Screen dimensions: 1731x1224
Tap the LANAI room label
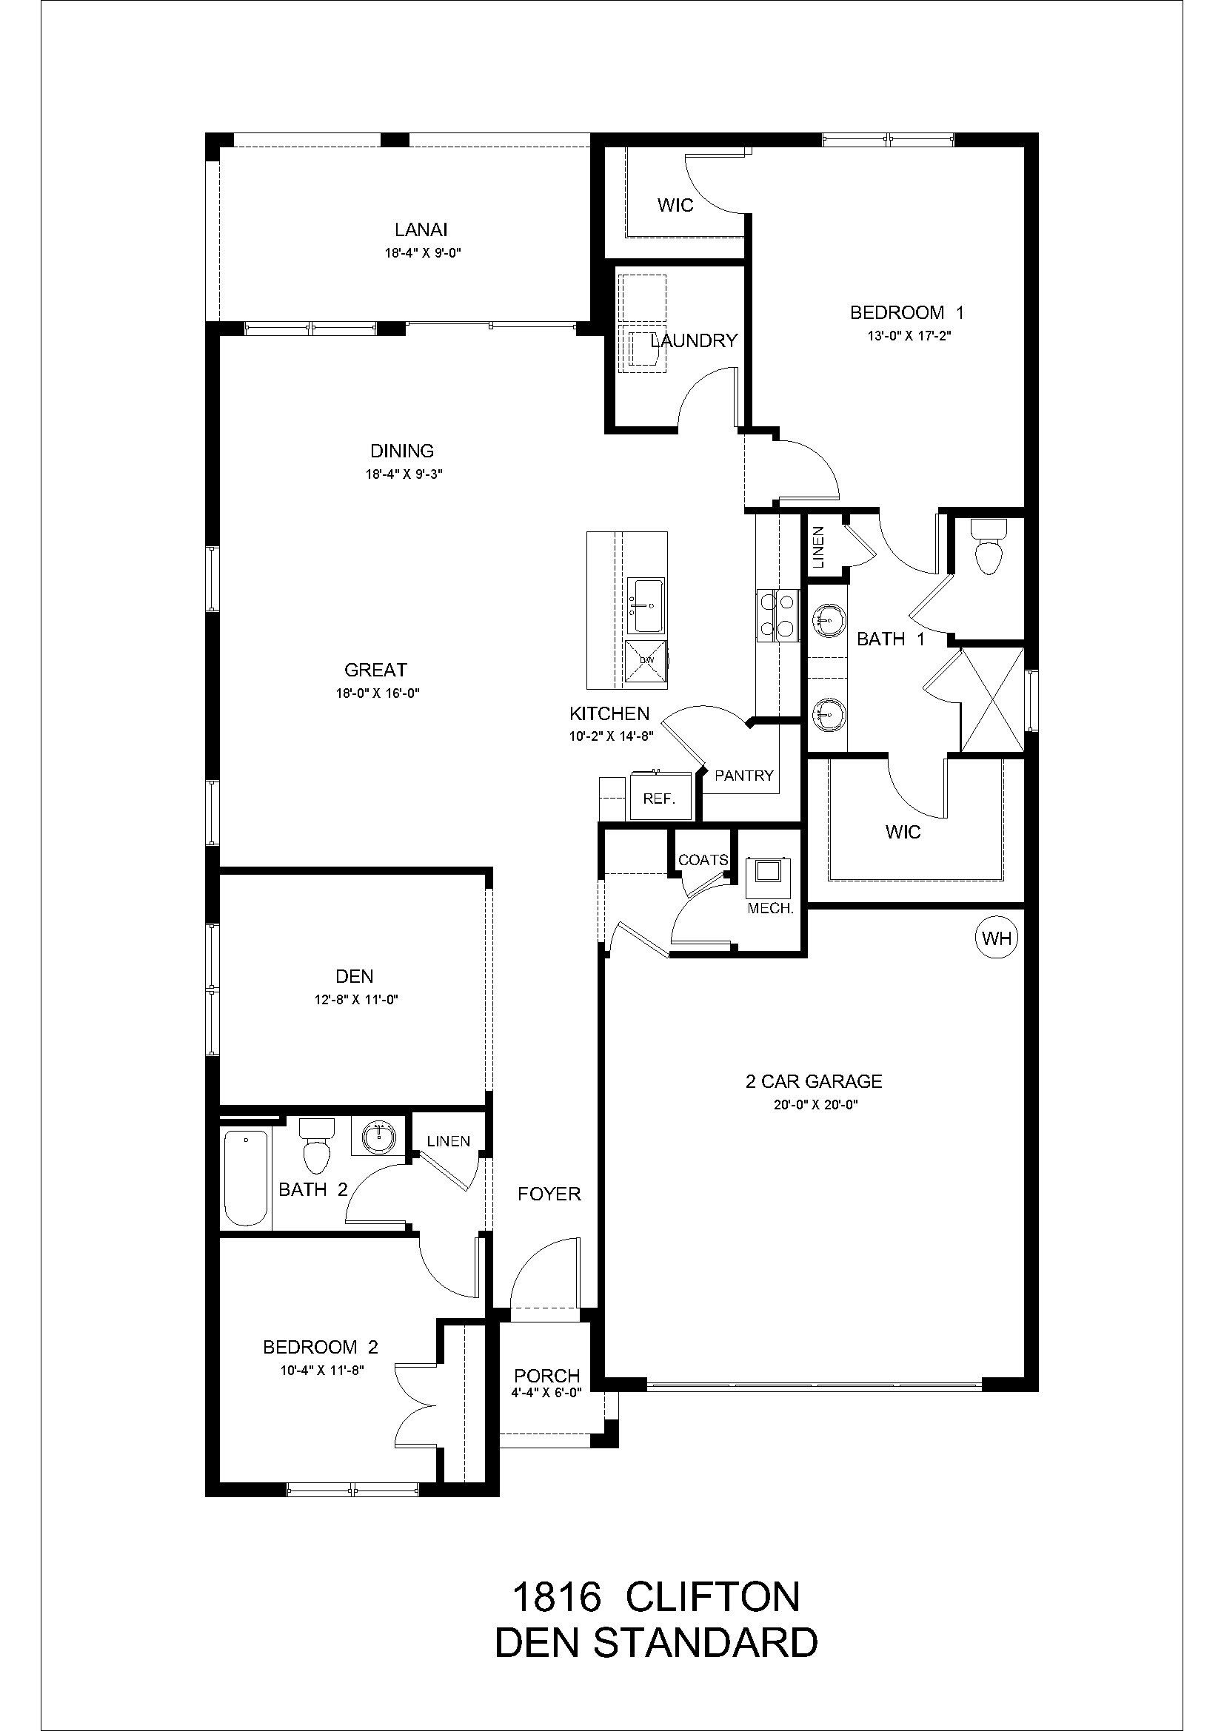tap(421, 230)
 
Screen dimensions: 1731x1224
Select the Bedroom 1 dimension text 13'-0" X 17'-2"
tap(906, 337)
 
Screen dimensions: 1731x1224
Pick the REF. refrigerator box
tap(659, 799)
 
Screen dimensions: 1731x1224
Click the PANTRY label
tap(743, 775)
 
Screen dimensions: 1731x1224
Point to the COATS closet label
tap(703, 859)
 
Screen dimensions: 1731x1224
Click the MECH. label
tap(770, 909)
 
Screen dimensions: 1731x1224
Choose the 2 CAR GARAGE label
tap(814, 1081)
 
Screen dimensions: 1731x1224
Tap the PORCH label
tap(546, 1376)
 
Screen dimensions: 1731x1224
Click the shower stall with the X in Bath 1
tap(992, 699)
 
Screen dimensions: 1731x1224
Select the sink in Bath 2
tap(379, 1137)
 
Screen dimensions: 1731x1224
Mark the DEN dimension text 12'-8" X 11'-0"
tap(356, 1000)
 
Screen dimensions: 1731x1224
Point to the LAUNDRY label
tap(694, 340)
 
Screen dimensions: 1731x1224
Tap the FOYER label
tap(549, 1194)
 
